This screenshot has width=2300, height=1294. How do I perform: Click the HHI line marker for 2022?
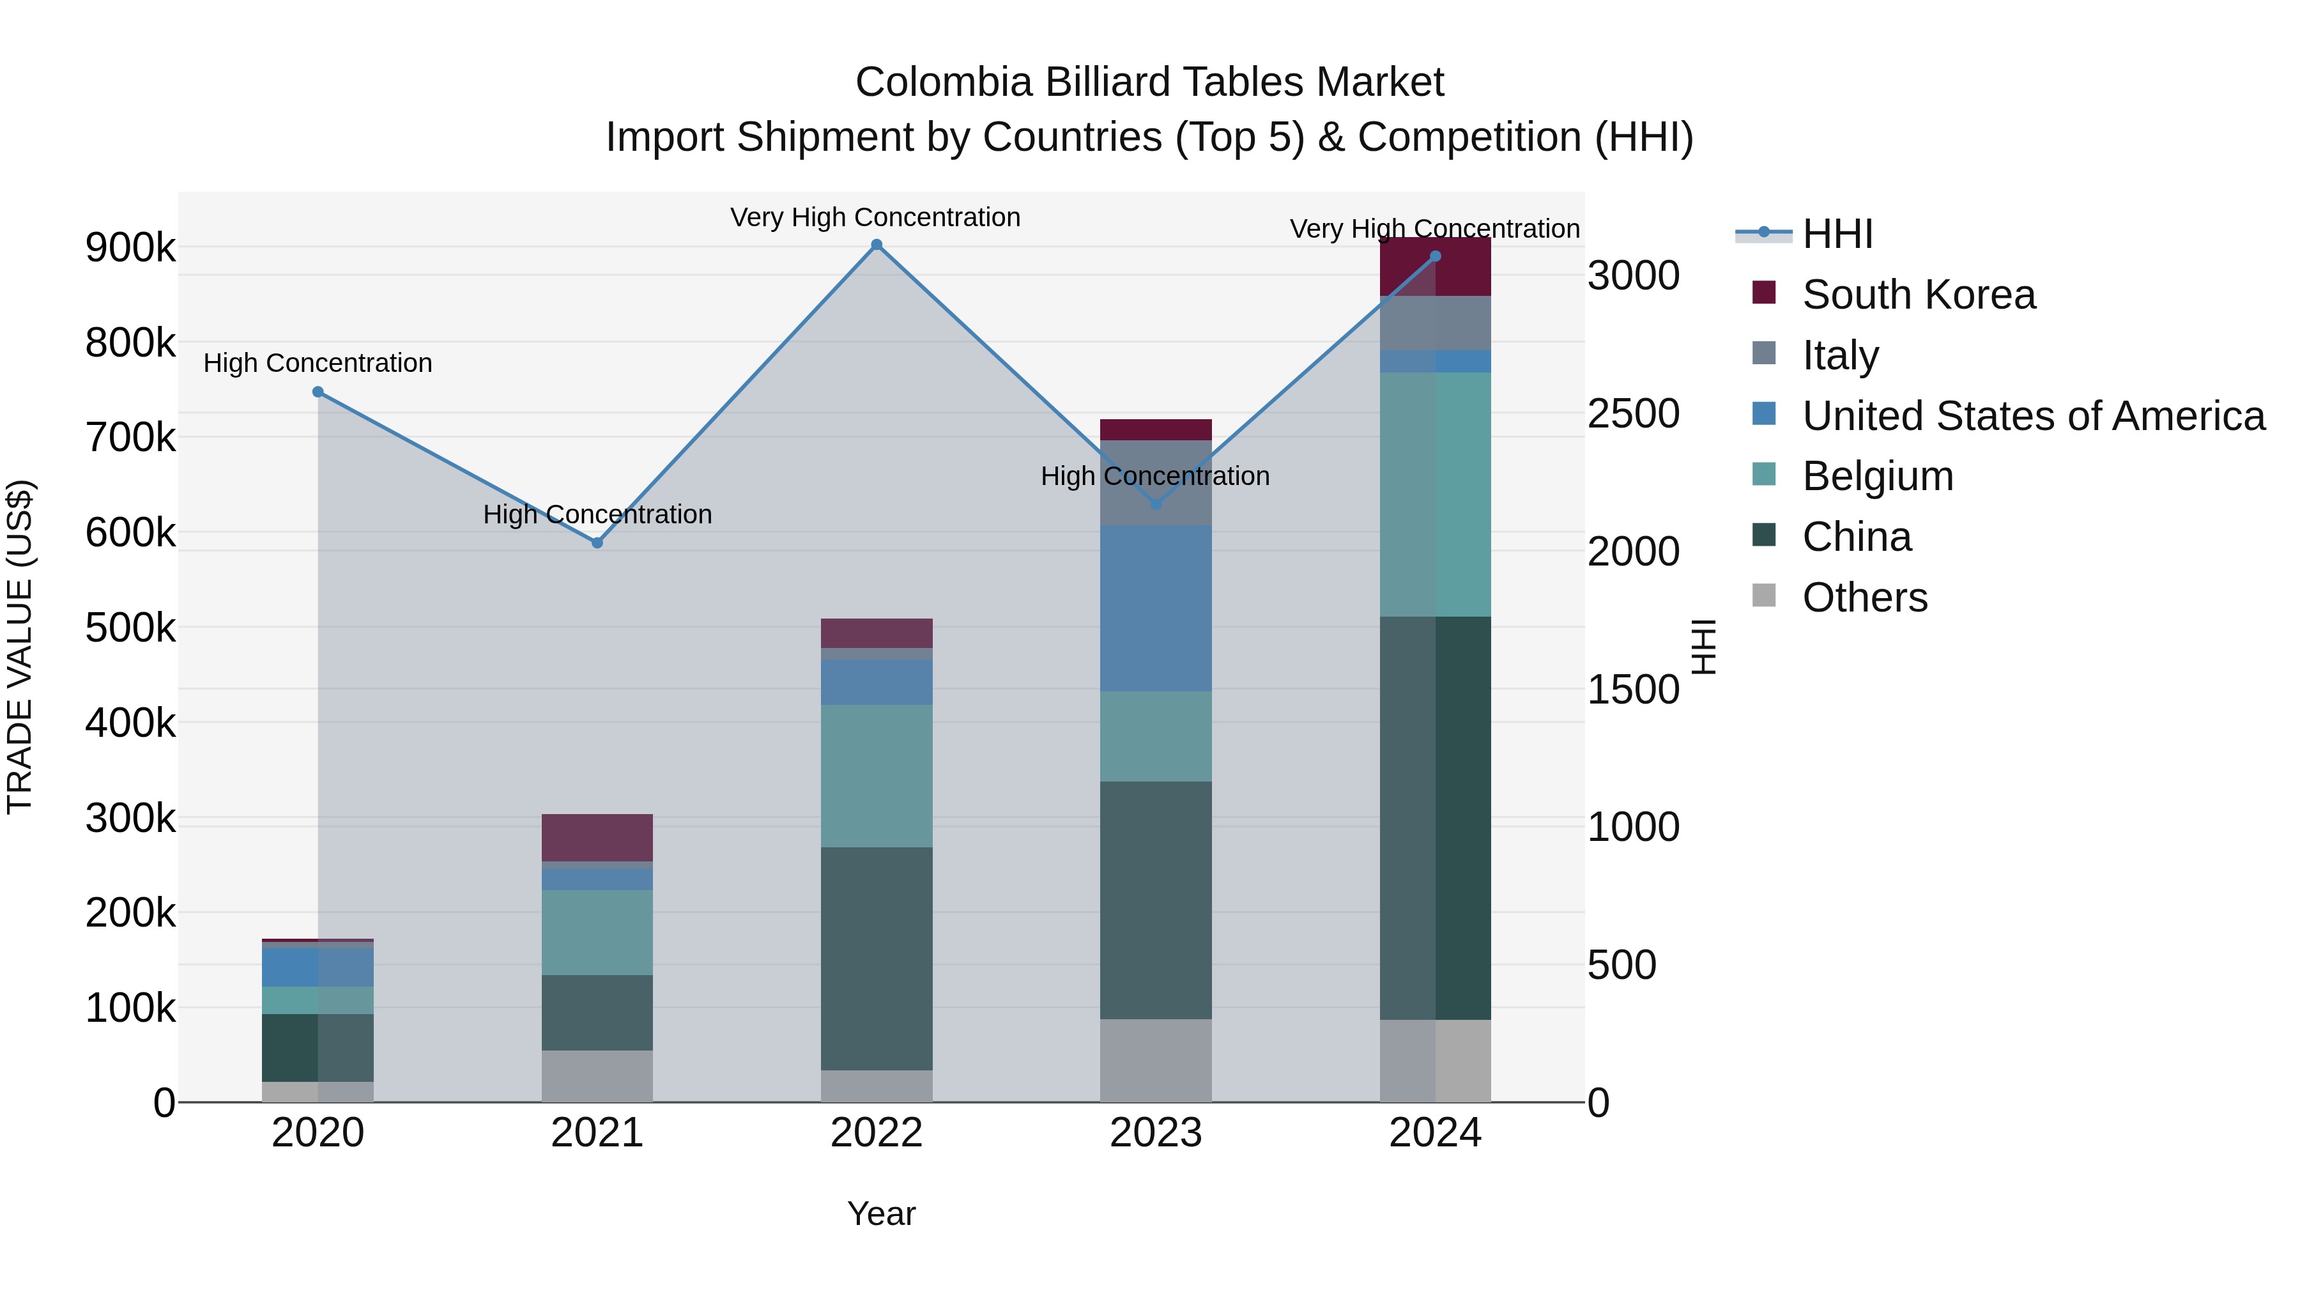tap(876, 245)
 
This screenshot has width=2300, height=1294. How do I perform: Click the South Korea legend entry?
tap(1918, 295)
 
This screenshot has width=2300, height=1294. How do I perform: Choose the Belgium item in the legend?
tap(1877, 476)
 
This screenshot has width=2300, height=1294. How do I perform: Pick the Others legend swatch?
tap(1763, 596)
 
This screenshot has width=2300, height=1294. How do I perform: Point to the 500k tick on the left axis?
tap(130, 628)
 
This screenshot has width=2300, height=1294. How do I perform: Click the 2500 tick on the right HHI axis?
tap(1633, 413)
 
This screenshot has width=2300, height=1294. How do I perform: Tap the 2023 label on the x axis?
tap(1155, 1133)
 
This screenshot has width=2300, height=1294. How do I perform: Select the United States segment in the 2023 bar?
tap(1155, 608)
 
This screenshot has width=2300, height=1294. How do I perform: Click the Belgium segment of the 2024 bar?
tap(1435, 494)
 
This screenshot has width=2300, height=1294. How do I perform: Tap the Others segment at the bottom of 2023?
tap(1155, 1060)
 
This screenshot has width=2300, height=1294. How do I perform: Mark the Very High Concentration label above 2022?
tap(875, 217)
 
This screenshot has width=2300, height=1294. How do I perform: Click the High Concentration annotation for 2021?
tap(597, 514)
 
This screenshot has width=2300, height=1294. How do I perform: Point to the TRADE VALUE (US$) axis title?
tap(20, 647)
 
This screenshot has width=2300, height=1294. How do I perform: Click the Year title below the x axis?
tap(881, 1213)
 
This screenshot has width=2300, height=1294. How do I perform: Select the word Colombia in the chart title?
tap(943, 82)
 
